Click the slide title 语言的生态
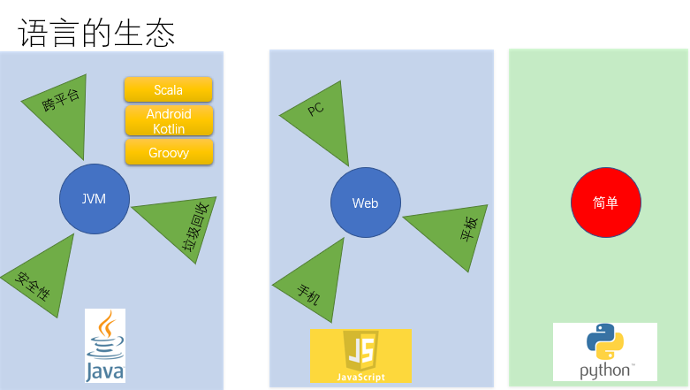(96, 34)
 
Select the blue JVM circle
(94, 199)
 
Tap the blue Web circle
(365, 203)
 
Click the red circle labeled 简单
(605, 203)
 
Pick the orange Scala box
(168, 89)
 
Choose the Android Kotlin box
(168, 121)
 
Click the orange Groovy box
(168, 152)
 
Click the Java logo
(105, 346)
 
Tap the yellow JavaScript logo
(360, 356)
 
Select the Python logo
(605, 352)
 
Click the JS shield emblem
(360, 349)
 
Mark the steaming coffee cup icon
(106, 333)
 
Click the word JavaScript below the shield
(360, 377)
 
